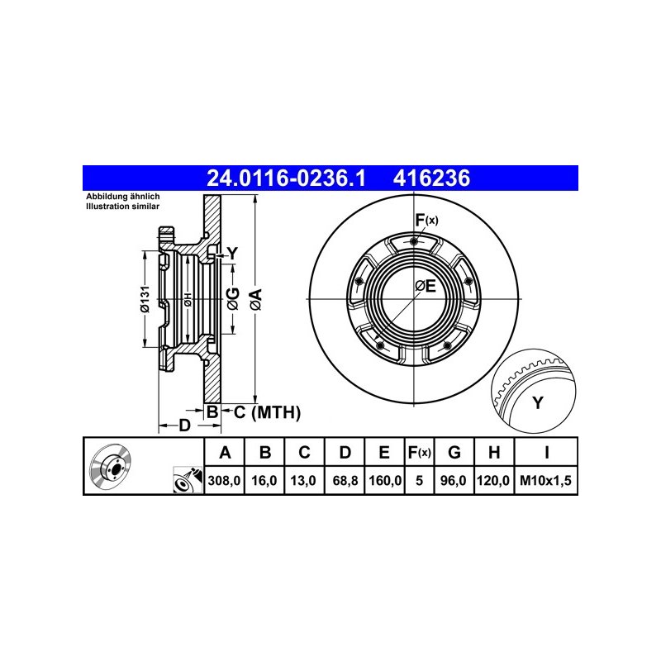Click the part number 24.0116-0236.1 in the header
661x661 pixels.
coord(286,178)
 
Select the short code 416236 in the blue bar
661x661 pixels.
coord(431,178)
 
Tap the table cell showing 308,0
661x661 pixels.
coord(224,480)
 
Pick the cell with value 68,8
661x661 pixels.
coord(345,480)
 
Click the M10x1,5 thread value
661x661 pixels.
coord(545,480)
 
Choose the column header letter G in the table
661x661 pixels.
coord(454,452)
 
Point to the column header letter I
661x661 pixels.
coord(547,452)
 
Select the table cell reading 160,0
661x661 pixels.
coord(385,480)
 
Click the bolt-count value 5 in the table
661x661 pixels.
coord(419,480)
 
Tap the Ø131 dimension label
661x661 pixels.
coord(145,299)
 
